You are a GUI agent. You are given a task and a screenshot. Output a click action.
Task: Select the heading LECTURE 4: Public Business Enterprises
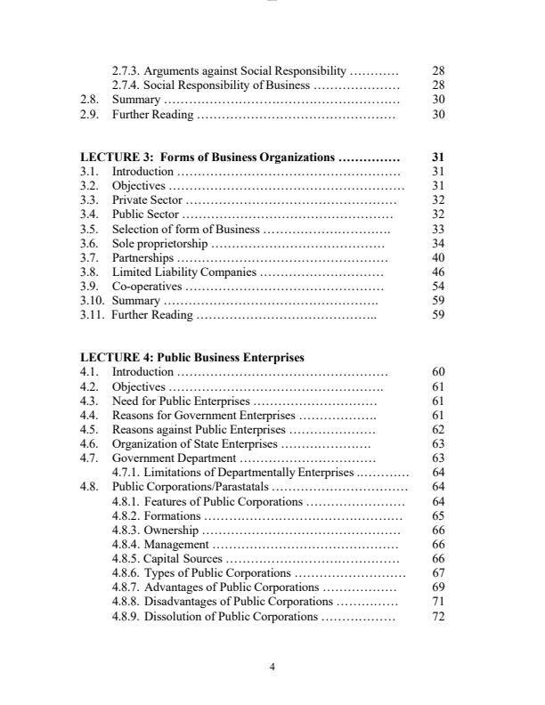[191, 358]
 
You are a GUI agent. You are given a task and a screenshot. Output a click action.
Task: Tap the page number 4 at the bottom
[272, 668]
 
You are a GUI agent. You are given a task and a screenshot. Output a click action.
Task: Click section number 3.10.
[91, 300]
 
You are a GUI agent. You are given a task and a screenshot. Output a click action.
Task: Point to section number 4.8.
[88, 487]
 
